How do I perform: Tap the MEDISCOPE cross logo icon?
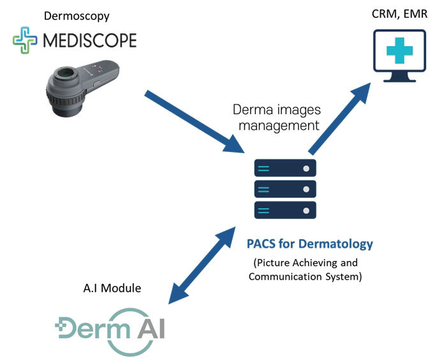[x=26, y=41]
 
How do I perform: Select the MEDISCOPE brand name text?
[x=89, y=41]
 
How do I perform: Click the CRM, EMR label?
[x=388, y=16]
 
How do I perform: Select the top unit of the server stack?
[x=285, y=168]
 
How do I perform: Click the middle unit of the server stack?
[x=285, y=189]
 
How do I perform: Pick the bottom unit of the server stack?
[x=285, y=210]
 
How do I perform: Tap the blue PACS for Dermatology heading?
[x=309, y=244]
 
